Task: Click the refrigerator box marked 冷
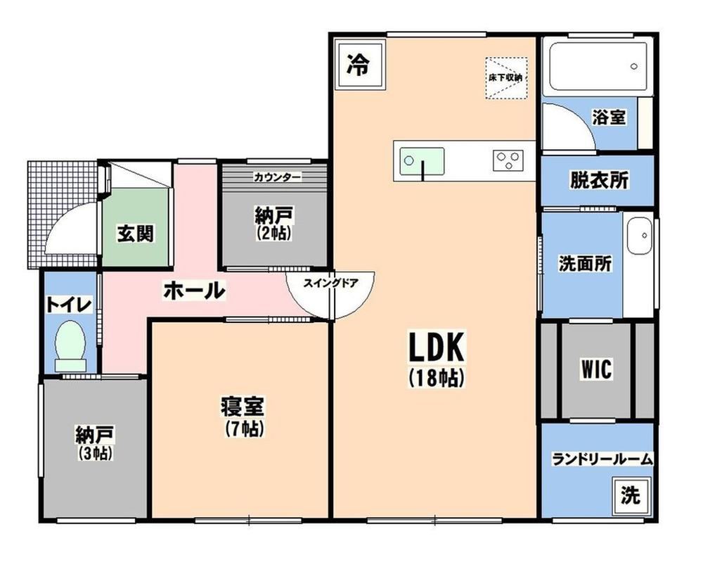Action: (x=360, y=66)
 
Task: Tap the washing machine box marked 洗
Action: (x=631, y=495)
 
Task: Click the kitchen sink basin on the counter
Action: (x=422, y=162)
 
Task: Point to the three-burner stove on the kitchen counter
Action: (x=508, y=160)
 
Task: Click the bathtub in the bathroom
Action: (x=598, y=66)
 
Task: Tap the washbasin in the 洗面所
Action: (x=639, y=236)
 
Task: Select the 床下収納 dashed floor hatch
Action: (x=505, y=77)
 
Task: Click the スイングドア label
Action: (x=331, y=283)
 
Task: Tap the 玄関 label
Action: (x=136, y=234)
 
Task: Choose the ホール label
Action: (x=194, y=291)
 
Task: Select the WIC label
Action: (x=596, y=369)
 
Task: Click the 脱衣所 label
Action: (x=599, y=180)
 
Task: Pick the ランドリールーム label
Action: (x=602, y=459)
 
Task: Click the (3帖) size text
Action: (x=95, y=454)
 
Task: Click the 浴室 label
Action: (x=609, y=117)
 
